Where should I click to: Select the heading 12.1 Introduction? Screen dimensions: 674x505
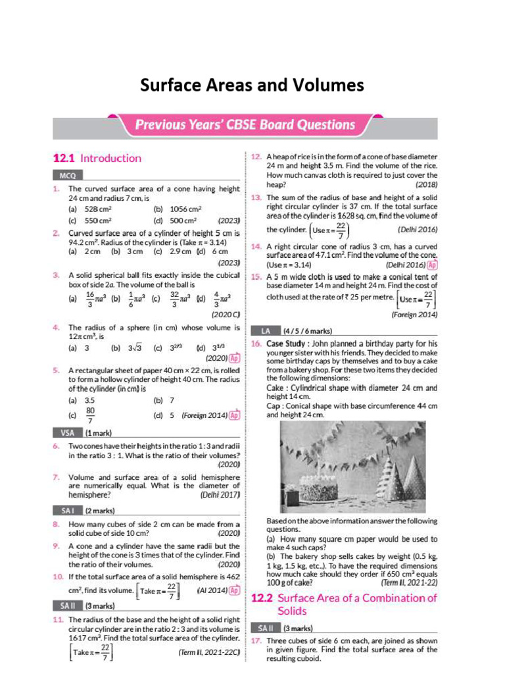(x=97, y=158)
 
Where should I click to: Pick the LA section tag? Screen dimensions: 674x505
(x=265, y=330)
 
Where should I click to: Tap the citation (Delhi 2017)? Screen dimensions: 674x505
(x=220, y=494)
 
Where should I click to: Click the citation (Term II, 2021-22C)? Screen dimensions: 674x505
(x=208, y=652)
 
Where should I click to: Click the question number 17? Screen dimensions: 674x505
(x=256, y=640)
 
